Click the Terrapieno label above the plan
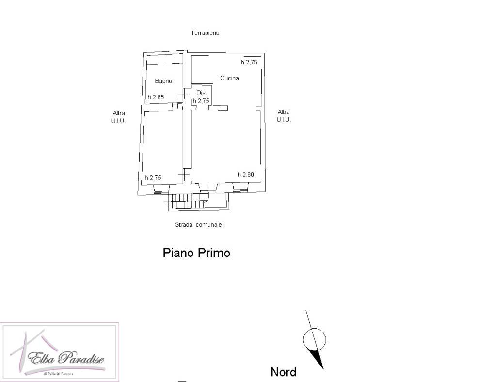click(x=205, y=32)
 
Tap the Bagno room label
click(x=163, y=81)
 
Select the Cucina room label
click(x=229, y=78)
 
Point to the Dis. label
click(x=202, y=93)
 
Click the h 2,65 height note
click(x=156, y=97)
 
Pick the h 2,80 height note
click(x=246, y=175)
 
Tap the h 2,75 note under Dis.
click(x=201, y=101)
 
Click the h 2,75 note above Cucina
click(x=249, y=62)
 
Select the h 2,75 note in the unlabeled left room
click(x=153, y=178)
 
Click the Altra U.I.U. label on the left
click(x=119, y=117)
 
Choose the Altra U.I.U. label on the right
click(x=284, y=116)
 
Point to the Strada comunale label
click(x=198, y=225)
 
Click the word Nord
click(x=283, y=372)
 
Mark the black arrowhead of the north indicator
click(x=317, y=358)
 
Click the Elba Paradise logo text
click(x=66, y=358)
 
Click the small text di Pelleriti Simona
click(x=59, y=374)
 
